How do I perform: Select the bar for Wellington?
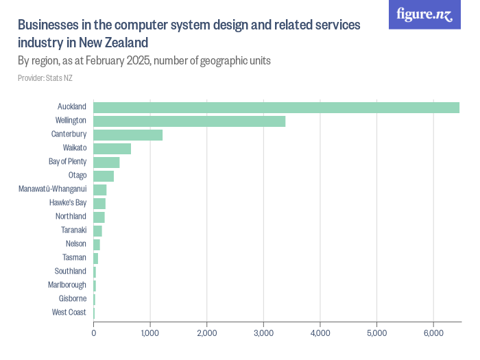(x=189, y=121)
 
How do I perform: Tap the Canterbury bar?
(x=128, y=134)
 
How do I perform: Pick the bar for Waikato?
(x=112, y=149)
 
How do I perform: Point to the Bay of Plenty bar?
(x=106, y=163)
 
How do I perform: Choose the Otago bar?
(x=104, y=176)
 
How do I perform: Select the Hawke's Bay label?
(x=68, y=203)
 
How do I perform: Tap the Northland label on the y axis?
(x=71, y=217)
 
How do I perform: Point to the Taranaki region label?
(x=73, y=230)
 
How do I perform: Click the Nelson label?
(x=76, y=244)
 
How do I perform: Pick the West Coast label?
(x=69, y=313)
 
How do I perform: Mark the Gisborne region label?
(x=73, y=299)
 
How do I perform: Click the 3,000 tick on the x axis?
(x=263, y=333)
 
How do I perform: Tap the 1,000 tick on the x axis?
(x=150, y=333)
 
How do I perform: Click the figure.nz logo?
(x=424, y=14)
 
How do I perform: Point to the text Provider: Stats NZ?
(x=45, y=78)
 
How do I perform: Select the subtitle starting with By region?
(x=144, y=61)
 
